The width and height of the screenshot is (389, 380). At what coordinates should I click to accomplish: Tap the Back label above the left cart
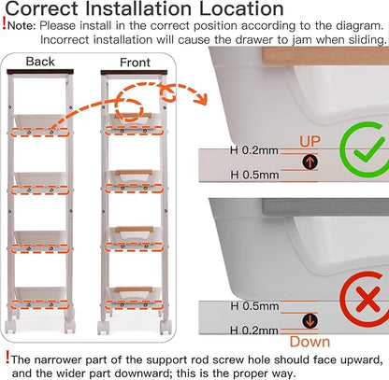pyautogui.click(x=40, y=62)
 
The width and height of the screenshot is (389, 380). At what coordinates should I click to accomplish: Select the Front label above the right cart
pyautogui.click(x=135, y=63)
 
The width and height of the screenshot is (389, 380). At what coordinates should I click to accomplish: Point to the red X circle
pyautogui.click(x=364, y=300)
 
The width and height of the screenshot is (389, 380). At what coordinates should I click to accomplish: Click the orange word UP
pyautogui.click(x=310, y=141)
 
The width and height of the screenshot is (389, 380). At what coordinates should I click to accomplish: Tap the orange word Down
pyautogui.click(x=310, y=342)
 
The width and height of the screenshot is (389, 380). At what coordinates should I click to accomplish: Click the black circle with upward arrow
pyautogui.click(x=310, y=162)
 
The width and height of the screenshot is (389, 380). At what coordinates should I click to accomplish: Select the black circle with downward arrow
pyautogui.click(x=310, y=320)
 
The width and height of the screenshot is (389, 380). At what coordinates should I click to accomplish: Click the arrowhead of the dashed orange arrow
pyautogui.click(x=201, y=99)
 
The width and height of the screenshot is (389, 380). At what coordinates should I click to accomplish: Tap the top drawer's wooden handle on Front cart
pyautogui.click(x=136, y=116)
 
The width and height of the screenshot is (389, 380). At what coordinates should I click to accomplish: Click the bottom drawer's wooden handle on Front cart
pyautogui.click(x=134, y=289)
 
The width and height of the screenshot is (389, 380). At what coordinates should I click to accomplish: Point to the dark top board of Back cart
pyautogui.click(x=40, y=72)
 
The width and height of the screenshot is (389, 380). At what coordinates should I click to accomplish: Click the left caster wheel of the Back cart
pyautogui.click(x=11, y=326)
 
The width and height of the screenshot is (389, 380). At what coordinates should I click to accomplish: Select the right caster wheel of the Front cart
pyautogui.click(x=166, y=327)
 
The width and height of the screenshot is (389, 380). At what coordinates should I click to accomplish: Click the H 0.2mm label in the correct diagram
pyautogui.click(x=254, y=150)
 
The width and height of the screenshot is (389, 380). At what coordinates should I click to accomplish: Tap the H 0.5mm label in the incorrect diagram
pyautogui.click(x=254, y=306)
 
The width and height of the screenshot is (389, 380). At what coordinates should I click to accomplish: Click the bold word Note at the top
pyautogui.click(x=22, y=25)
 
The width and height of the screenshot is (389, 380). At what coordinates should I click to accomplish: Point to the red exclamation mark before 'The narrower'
pyautogui.click(x=7, y=357)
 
